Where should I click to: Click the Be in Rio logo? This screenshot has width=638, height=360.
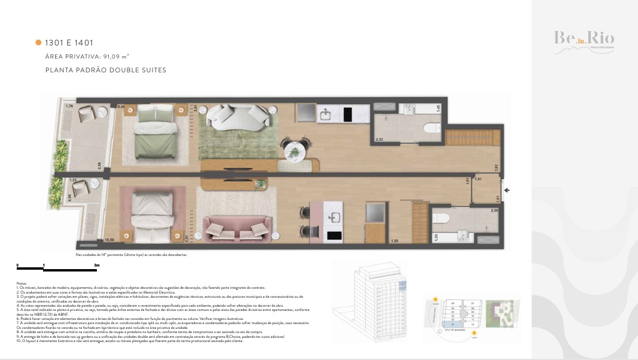pos(583,40)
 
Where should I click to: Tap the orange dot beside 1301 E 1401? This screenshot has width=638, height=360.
pos(38,42)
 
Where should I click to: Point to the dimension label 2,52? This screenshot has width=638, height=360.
pos(378,139)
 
